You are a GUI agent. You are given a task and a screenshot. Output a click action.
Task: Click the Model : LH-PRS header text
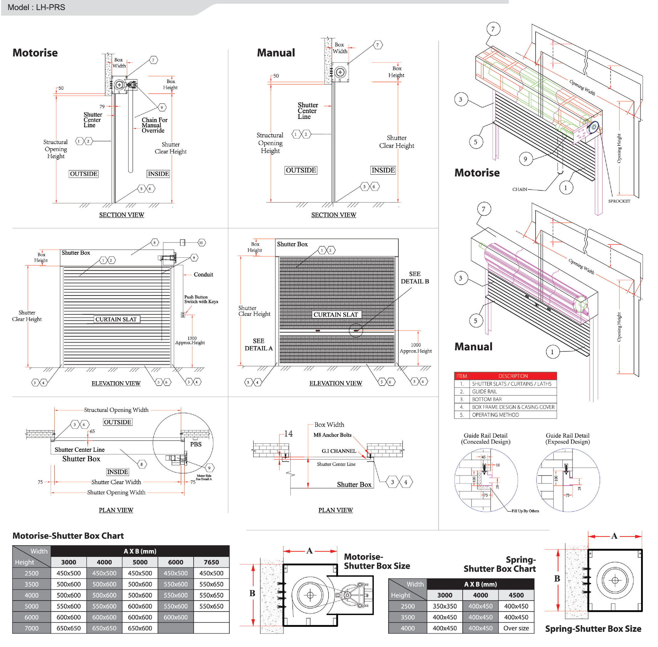(36, 7)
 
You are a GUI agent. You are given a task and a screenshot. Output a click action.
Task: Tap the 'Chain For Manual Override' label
(154, 125)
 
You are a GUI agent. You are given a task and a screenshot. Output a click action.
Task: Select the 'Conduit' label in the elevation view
(203, 274)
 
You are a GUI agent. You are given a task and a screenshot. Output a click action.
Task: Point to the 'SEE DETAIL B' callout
(415, 278)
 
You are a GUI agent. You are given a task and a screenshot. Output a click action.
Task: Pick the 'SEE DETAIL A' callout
(258, 344)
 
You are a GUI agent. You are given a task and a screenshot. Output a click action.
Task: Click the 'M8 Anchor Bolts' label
(332, 435)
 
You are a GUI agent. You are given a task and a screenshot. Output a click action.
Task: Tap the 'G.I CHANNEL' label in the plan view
(339, 451)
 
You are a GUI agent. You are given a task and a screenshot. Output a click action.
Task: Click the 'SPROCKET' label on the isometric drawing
(619, 201)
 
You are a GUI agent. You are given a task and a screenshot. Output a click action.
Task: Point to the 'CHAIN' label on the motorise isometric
(519, 189)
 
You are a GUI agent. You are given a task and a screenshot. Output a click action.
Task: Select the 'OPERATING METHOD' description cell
(495, 415)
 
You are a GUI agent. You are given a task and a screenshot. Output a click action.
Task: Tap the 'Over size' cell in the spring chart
(516, 628)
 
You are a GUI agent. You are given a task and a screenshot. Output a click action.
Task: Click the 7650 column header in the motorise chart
(211, 562)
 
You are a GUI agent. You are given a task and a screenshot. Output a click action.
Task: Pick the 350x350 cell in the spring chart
(444, 606)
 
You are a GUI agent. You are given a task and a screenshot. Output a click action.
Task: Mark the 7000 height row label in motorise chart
(32, 628)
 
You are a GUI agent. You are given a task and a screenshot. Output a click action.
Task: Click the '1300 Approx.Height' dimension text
(190, 341)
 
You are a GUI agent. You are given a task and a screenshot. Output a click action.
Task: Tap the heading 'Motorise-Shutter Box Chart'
(68, 536)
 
